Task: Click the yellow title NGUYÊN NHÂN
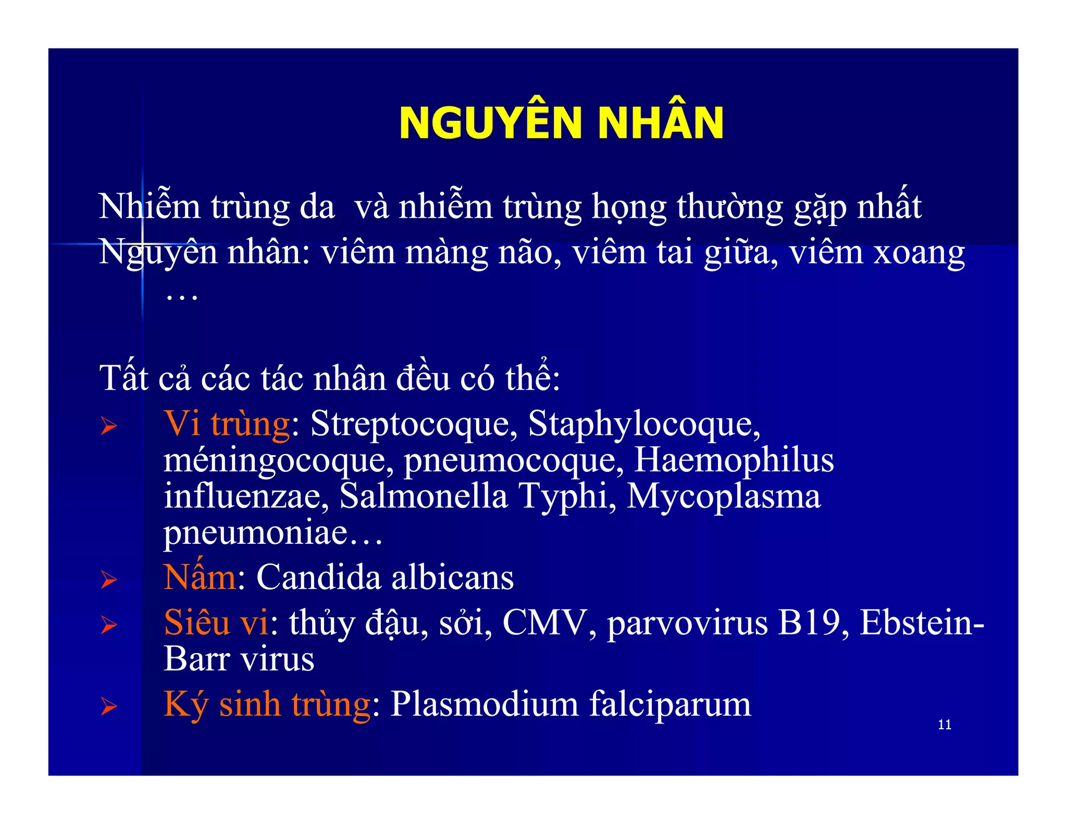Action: point(561,123)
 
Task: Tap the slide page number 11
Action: point(944,725)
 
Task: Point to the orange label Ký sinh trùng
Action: point(267,704)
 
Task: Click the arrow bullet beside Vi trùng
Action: point(109,427)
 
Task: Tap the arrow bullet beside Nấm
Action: point(109,579)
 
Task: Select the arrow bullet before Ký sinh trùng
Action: point(109,707)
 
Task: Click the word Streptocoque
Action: point(410,425)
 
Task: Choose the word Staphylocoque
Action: point(640,425)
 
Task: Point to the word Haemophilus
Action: point(734,460)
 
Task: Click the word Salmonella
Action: point(424,496)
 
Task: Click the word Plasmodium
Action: point(485,704)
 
